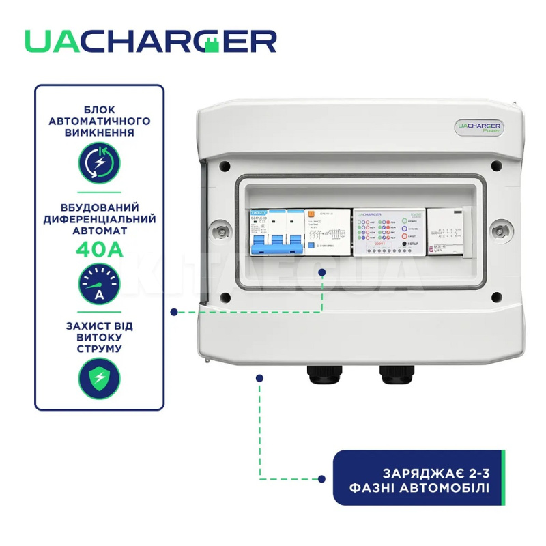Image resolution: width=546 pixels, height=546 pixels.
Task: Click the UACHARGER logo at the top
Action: click(150, 41)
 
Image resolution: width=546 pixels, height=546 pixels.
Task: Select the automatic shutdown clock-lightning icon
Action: click(100, 162)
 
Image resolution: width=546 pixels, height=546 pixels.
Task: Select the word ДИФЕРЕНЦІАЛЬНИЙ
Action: click(100, 220)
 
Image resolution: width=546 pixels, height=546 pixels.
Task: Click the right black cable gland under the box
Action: click(392, 373)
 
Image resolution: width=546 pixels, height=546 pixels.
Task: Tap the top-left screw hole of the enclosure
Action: click(225, 165)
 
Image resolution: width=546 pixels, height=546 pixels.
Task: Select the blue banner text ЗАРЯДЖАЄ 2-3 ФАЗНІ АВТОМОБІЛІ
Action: click(417, 478)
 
